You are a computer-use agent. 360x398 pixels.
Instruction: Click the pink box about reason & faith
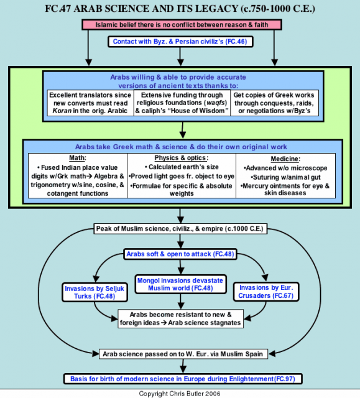point(182,25)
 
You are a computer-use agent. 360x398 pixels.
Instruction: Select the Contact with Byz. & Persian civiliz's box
point(180,42)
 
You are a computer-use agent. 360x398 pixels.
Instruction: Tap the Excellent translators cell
point(90,103)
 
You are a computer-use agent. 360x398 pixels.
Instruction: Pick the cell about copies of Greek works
point(274,103)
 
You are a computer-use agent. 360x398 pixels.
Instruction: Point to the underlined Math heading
point(78,158)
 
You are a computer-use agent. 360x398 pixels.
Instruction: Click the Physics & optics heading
point(182,158)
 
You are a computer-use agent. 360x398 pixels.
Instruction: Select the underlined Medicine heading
point(285,159)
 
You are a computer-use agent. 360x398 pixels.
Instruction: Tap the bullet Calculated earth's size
point(182,167)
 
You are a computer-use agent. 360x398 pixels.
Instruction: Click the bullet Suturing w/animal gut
point(285,177)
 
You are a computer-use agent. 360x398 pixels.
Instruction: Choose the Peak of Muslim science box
point(180,229)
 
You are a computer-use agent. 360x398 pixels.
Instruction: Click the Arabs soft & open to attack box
point(180,254)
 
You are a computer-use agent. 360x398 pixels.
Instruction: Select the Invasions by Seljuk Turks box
point(95,292)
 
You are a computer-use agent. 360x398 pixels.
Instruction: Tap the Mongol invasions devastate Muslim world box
point(180,284)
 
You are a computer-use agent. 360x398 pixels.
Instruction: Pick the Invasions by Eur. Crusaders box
point(266,292)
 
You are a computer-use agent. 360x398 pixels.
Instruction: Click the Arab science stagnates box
point(181,319)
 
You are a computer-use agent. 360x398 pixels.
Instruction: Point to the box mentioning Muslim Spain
point(183,354)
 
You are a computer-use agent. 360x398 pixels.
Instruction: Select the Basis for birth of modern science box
point(183,379)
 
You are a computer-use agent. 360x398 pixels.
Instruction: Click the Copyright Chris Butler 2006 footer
point(180,394)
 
